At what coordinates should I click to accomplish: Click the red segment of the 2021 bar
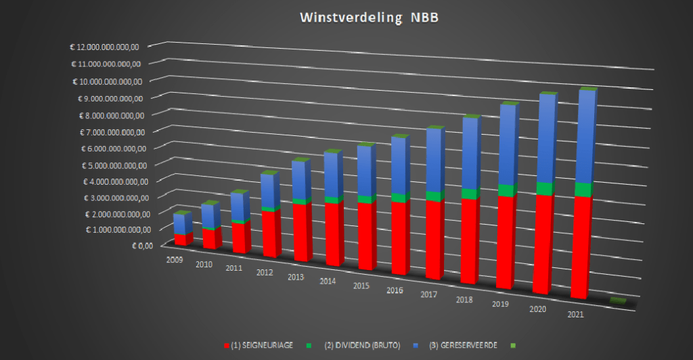(580, 247)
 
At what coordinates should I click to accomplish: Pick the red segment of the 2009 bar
(180, 240)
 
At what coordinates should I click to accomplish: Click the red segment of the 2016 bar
(399, 237)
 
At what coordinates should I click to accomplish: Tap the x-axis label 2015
(362, 286)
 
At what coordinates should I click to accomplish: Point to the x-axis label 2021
(576, 315)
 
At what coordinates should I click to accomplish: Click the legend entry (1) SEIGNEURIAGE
(260, 346)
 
